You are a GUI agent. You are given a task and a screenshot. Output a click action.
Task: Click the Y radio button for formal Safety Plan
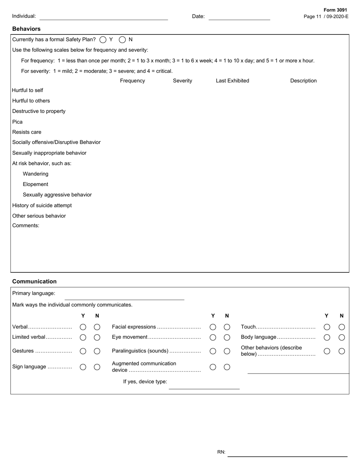coord(103,39)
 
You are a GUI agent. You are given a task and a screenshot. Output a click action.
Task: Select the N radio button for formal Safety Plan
coord(122,39)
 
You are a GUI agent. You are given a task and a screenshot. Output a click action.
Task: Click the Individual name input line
coord(103,17)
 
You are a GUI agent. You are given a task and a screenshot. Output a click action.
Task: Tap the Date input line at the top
coord(239,17)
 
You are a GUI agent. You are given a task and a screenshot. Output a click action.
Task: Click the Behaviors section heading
coord(26,29)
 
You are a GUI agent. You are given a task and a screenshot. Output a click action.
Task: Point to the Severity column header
coord(182,81)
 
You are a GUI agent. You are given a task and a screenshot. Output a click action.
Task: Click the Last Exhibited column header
coord(232,81)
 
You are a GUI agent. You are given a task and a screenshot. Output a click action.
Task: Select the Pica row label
coord(17,122)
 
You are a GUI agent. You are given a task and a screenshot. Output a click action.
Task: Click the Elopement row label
coord(35,185)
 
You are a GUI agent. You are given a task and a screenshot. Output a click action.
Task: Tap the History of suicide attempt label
coord(42,205)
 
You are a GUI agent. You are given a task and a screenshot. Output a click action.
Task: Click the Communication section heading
coord(34,281)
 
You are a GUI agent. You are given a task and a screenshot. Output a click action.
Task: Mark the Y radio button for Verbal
coord(83,327)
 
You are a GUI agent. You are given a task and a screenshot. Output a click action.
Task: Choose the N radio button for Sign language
coord(97,367)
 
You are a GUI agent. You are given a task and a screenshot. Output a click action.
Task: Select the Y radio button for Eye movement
coord(213,337)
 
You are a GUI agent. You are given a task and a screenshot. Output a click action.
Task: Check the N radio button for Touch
coord(341,327)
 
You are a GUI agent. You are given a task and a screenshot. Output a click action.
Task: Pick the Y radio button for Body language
coord(327,337)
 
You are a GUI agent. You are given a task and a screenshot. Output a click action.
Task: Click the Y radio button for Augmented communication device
coord(213,367)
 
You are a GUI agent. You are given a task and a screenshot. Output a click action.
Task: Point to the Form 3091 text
coord(335,10)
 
